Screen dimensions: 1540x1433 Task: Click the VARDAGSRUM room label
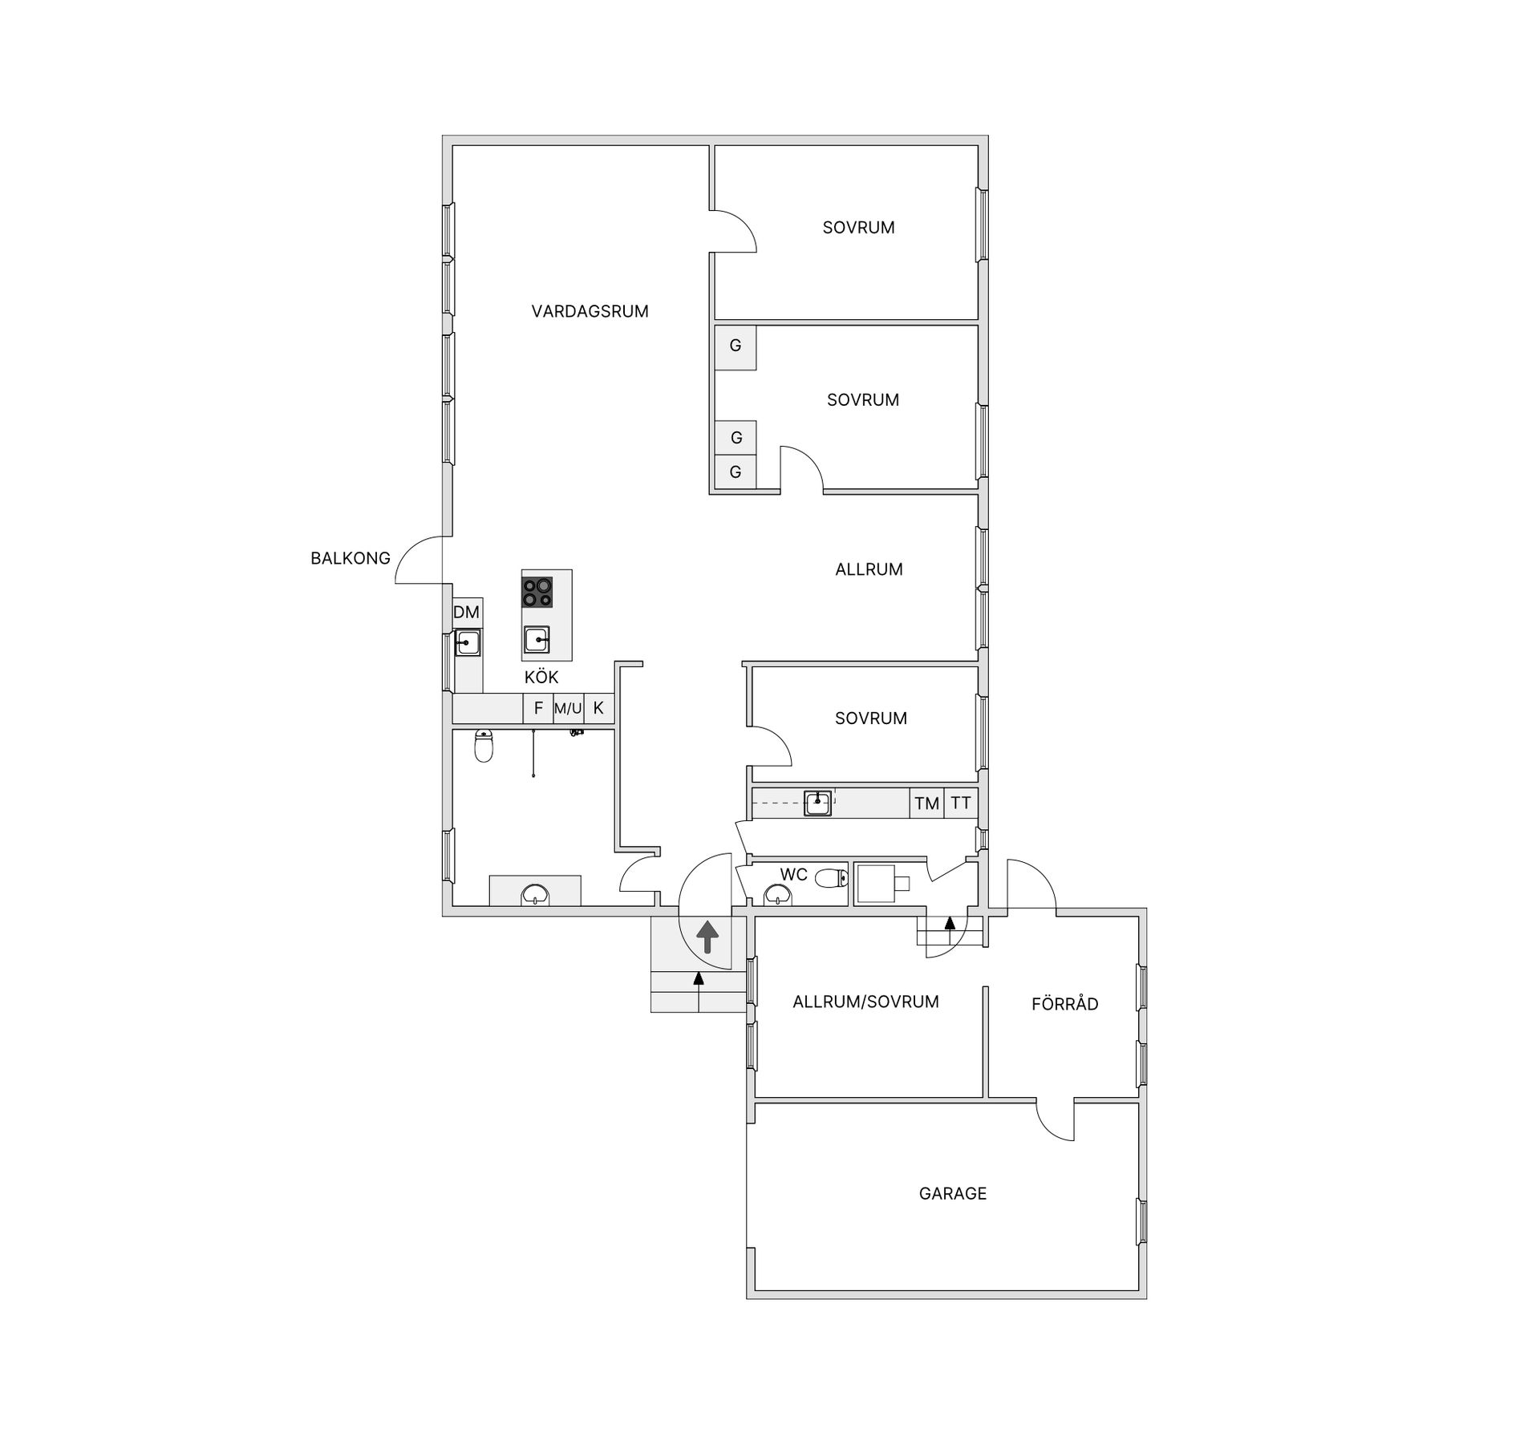coord(590,311)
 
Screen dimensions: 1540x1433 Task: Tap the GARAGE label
coord(953,1193)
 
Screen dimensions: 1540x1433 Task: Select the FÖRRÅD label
coord(1064,1003)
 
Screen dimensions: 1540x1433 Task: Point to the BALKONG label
coord(351,558)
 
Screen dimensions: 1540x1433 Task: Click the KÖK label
coord(541,677)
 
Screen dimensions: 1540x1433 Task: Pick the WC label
coord(793,874)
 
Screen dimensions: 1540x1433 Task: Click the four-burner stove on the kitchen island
coord(537,593)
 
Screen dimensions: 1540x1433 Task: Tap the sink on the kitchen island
coord(537,640)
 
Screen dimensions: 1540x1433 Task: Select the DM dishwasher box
coord(467,613)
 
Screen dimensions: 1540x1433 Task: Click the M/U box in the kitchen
coord(568,708)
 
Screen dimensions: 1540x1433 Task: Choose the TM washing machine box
coord(926,803)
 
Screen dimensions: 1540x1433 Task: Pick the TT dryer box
coord(961,803)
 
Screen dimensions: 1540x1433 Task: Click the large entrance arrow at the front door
coord(707,937)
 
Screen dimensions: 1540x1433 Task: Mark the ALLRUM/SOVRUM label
coord(865,1002)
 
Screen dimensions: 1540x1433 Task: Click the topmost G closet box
coord(736,346)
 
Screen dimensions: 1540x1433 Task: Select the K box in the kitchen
coord(598,708)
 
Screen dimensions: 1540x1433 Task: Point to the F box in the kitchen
coord(538,708)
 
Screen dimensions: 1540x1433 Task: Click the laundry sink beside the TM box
coord(817,802)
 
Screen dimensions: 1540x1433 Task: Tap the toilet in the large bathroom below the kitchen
coord(484,745)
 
